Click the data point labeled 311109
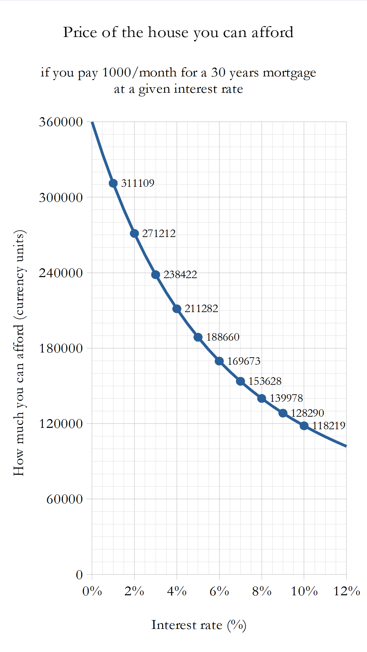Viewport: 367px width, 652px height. (x=113, y=183)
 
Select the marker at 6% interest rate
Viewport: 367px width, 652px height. (x=219, y=361)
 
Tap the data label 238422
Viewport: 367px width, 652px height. (x=180, y=274)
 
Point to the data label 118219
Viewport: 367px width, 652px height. (x=329, y=425)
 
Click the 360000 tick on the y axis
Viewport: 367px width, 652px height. (x=61, y=122)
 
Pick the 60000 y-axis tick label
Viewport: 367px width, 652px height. (x=65, y=499)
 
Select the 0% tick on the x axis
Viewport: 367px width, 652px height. (x=92, y=591)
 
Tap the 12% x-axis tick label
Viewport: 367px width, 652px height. (x=347, y=591)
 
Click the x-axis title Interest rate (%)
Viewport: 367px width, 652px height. (x=199, y=625)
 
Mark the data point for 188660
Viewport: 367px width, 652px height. (x=198, y=337)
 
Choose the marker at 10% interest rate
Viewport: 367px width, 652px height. (x=304, y=425)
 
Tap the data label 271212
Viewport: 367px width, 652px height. (x=159, y=233)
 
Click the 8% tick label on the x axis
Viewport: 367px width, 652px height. (x=262, y=591)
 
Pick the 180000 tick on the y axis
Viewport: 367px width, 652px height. (x=61, y=348)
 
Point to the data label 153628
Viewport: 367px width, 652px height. (x=265, y=381)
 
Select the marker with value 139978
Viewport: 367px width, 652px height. (x=262, y=398)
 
